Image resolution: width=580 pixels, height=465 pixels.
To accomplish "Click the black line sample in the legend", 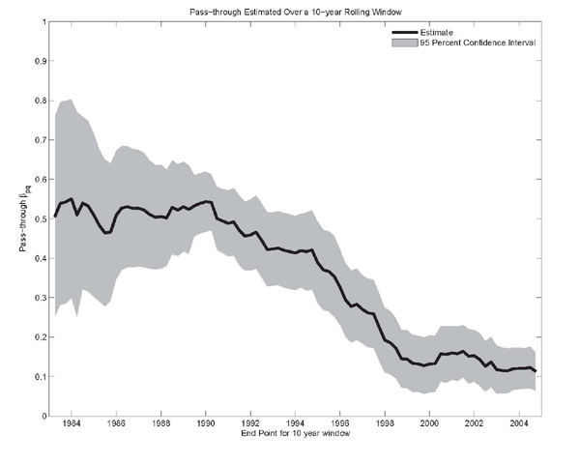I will (x=401, y=32).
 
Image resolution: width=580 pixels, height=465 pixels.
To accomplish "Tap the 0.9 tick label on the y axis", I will (x=42, y=60).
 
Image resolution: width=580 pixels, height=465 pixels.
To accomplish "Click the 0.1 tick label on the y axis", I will (x=42, y=376).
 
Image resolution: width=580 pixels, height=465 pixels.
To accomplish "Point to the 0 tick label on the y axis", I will (x=44, y=416).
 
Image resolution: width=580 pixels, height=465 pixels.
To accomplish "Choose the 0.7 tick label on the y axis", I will (x=42, y=139).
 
